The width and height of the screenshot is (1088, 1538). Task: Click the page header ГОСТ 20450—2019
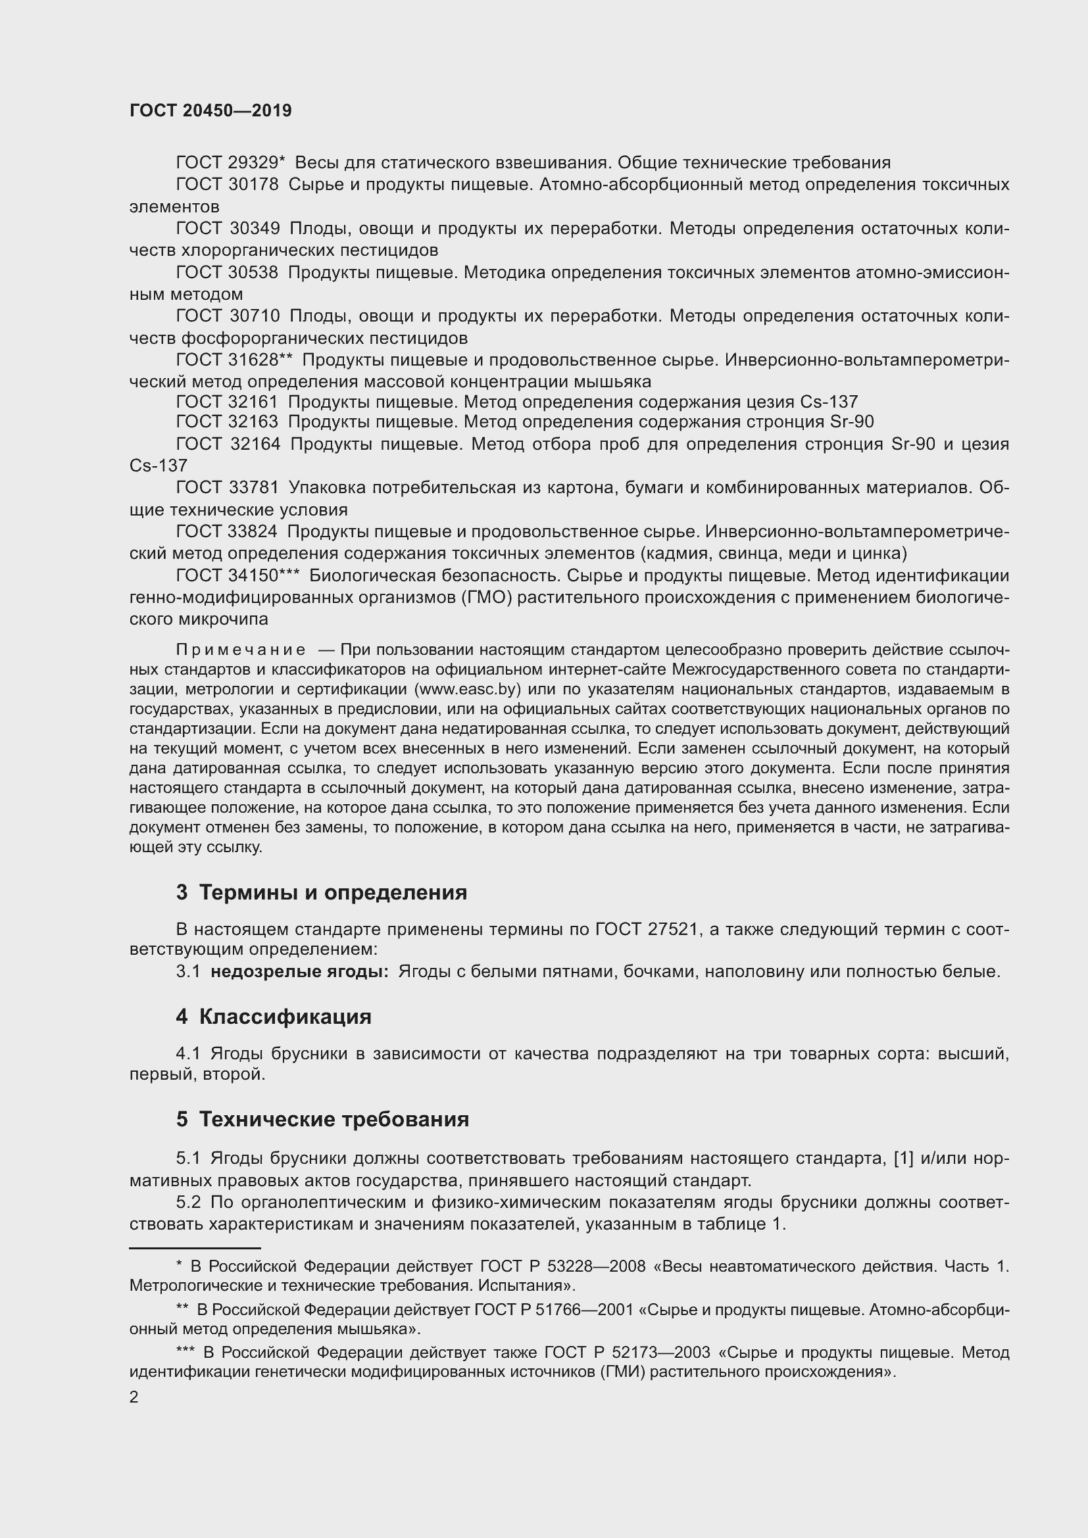click(210, 111)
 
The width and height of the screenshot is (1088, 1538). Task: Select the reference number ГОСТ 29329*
click(230, 163)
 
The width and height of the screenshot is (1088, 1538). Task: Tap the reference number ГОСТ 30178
click(227, 185)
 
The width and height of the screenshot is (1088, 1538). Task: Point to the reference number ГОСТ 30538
click(227, 273)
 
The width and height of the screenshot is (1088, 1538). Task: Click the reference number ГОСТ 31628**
click(234, 360)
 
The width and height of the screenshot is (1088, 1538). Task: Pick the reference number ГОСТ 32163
click(227, 422)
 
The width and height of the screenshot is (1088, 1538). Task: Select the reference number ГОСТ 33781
click(227, 488)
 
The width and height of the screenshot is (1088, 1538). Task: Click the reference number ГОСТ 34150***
click(237, 575)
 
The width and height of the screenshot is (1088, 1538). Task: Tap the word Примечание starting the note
click(241, 650)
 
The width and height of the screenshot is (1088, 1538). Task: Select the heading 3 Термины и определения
click(322, 893)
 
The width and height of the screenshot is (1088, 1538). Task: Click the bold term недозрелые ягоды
click(299, 971)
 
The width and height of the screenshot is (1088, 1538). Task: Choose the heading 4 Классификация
click(274, 1017)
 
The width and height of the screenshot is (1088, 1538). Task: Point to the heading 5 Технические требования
click(322, 1119)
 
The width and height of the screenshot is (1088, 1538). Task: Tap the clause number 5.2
click(188, 1202)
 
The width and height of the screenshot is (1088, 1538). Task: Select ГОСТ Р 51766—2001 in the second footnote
click(553, 1310)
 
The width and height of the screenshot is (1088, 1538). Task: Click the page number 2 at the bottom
click(134, 1397)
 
